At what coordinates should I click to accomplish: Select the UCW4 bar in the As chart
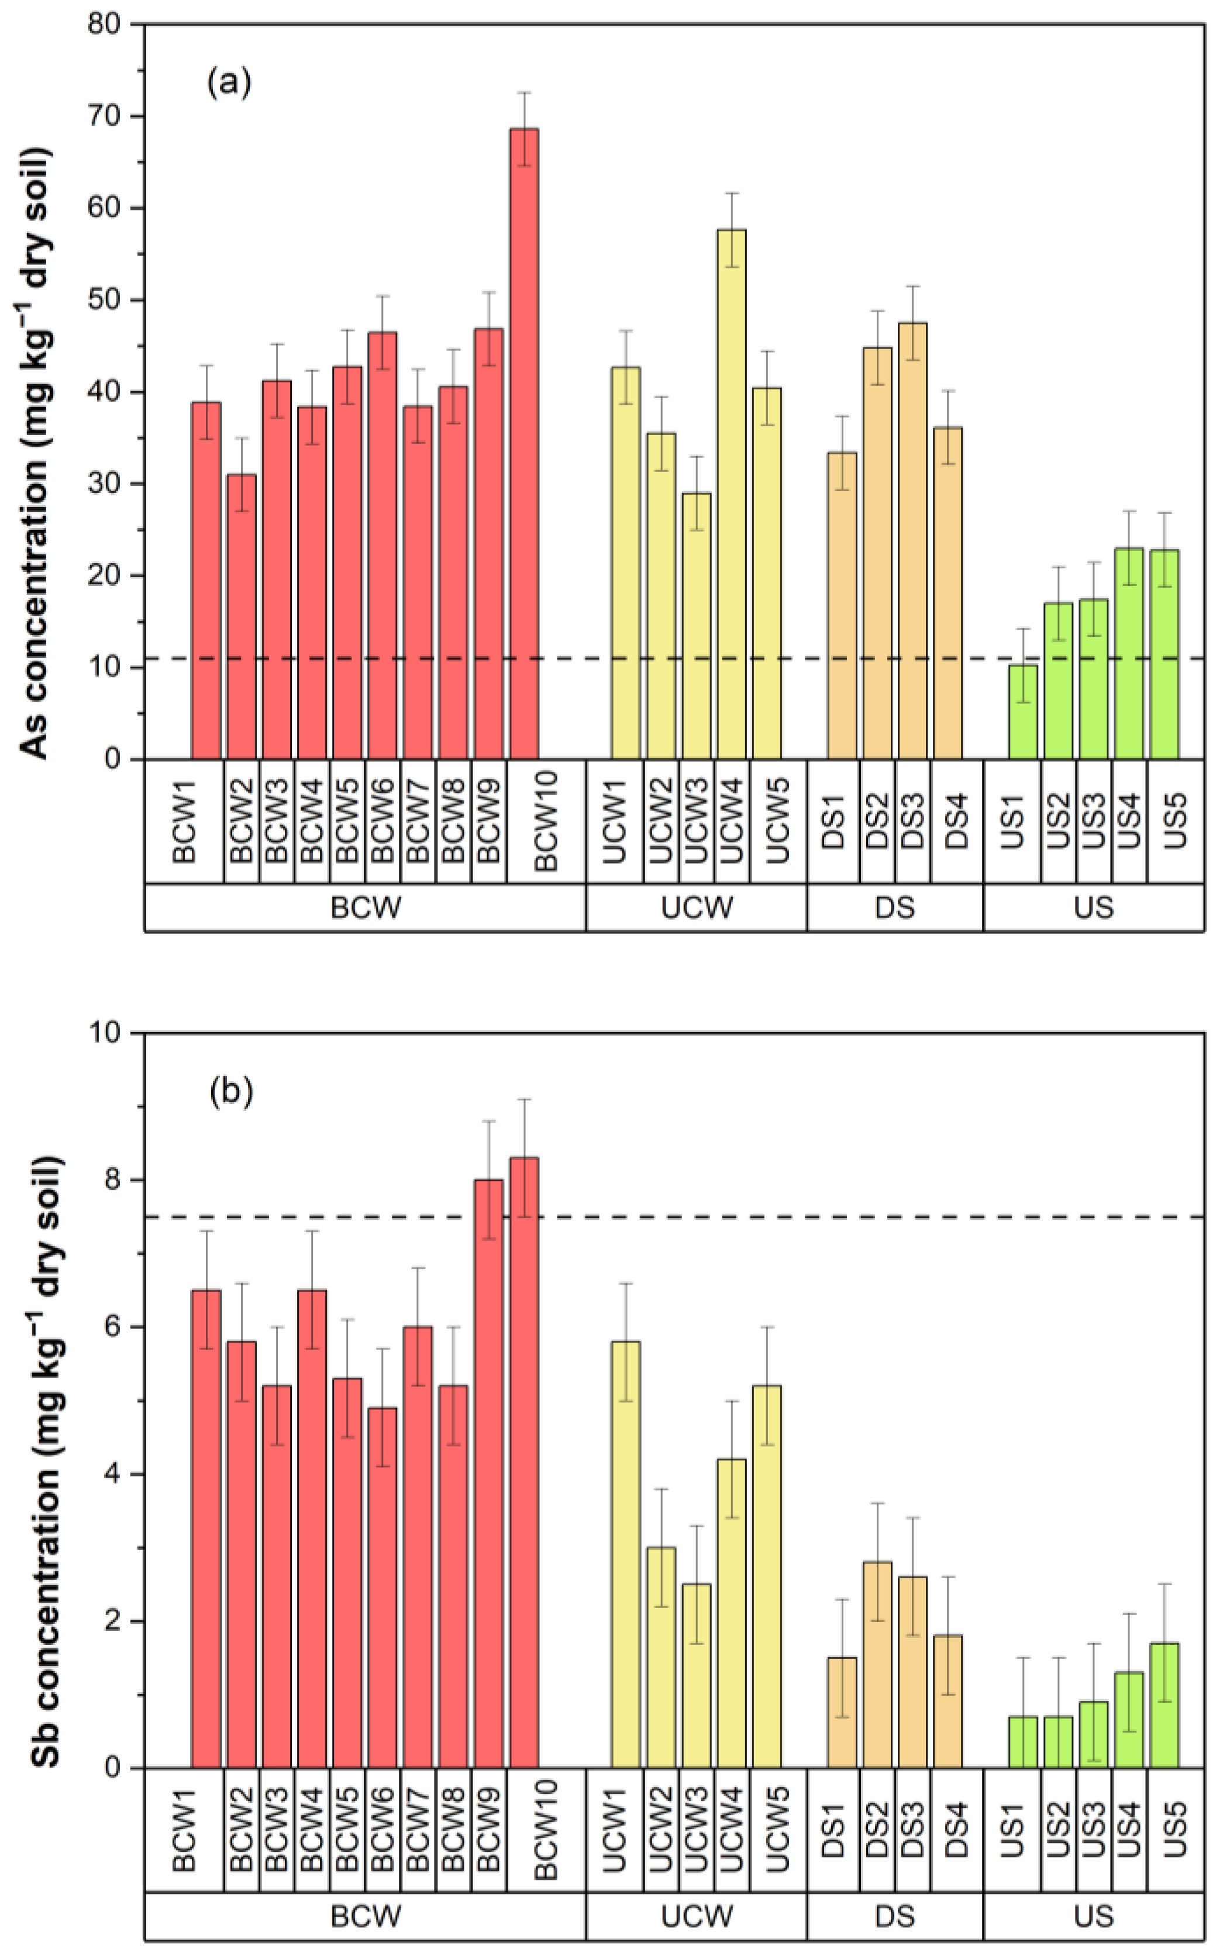(x=731, y=494)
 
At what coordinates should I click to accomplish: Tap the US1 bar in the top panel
(x=1022, y=712)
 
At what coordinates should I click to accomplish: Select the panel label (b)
(x=230, y=1092)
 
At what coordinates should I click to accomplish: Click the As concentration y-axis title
(x=36, y=453)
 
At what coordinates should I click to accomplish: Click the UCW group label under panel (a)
(x=697, y=908)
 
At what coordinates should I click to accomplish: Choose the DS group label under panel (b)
(x=895, y=1916)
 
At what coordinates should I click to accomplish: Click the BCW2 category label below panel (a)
(x=241, y=821)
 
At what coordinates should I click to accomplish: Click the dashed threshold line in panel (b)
(x=809, y=1217)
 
